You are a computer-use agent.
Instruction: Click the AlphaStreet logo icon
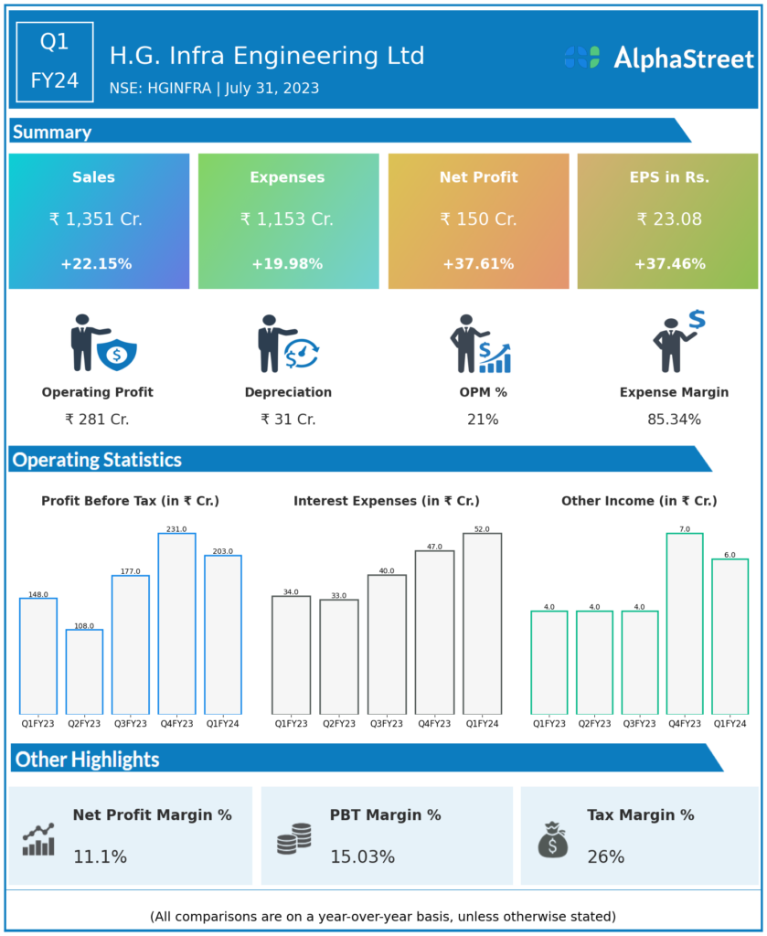coord(581,58)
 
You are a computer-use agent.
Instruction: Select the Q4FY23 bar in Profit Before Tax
coord(176,623)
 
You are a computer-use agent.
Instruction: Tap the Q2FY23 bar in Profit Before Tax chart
coord(84,672)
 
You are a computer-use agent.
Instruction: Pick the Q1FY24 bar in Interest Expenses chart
coord(482,623)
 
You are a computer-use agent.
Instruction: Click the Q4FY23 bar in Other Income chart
coord(685,623)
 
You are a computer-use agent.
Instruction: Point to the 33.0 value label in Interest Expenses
coord(338,596)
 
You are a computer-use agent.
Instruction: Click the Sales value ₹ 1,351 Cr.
coord(96,219)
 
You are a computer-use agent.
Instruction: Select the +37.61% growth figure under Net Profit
coord(478,264)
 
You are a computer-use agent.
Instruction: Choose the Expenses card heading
coord(287,177)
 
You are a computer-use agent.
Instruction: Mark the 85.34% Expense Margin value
coord(674,420)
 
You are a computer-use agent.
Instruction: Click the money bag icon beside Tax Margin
coord(553,840)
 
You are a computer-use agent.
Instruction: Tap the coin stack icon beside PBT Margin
coord(294,839)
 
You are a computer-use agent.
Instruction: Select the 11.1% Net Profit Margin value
coord(100,857)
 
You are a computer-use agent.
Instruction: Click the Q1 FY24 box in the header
coord(55,61)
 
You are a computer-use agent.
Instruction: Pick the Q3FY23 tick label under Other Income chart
coord(639,723)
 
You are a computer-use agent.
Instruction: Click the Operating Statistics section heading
coord(97,460)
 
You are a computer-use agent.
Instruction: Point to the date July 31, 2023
coord(274,89)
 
